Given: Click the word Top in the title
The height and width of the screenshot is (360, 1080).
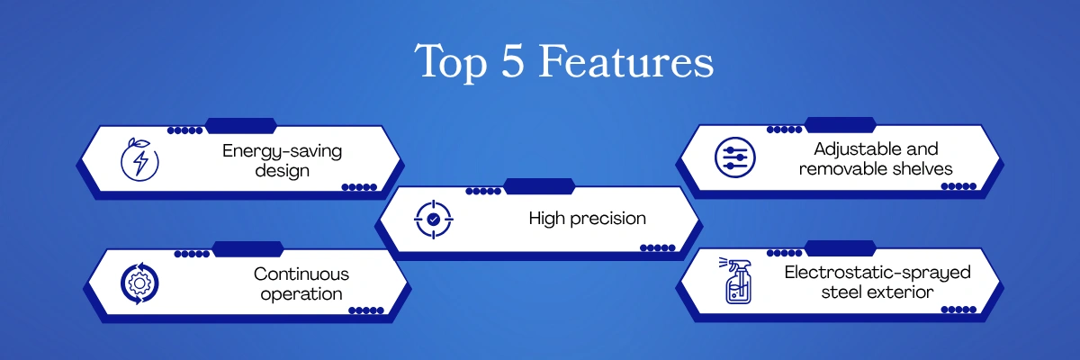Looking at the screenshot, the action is [x=451, y=62].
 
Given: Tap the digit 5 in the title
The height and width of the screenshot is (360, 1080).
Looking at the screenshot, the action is [x=512, y=60].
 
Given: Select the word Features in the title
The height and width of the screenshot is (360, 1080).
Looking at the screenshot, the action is [x=625, y=60].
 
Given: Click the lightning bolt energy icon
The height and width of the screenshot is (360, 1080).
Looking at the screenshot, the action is [x=139, y=159].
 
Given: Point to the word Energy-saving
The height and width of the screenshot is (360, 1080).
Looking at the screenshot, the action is [x=282, y=151].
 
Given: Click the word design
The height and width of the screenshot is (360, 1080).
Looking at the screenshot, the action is [x=282, y=171].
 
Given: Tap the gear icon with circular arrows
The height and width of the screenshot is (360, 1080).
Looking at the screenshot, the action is [x=139, y=283].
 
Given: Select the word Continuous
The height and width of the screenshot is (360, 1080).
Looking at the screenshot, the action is [x=301, y=274].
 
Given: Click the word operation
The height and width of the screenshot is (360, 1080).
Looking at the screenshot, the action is [x=301, y=294].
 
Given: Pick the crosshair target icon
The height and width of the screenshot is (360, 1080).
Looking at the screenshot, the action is [x=434, y=220].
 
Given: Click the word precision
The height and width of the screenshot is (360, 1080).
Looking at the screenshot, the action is [x=607, y=219].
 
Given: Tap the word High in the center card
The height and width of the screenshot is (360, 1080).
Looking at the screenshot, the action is [x=547, y=219].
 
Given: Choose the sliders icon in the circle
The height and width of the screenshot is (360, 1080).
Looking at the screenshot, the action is [x=734, y=157].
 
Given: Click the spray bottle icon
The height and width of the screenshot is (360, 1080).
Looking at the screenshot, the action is [x=736, y=281].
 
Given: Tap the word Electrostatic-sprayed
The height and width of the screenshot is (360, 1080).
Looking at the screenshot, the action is [x=877, y=273].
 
